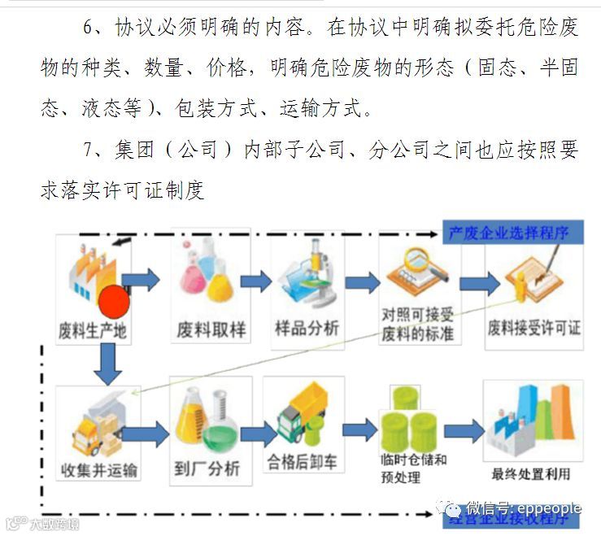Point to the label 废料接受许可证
click(x=534, y=329)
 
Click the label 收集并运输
click(x=99, y=470)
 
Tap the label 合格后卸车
click(x=303, y=464)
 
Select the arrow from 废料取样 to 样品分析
click(x=255, y=282)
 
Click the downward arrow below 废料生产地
click(x=107, y=364)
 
